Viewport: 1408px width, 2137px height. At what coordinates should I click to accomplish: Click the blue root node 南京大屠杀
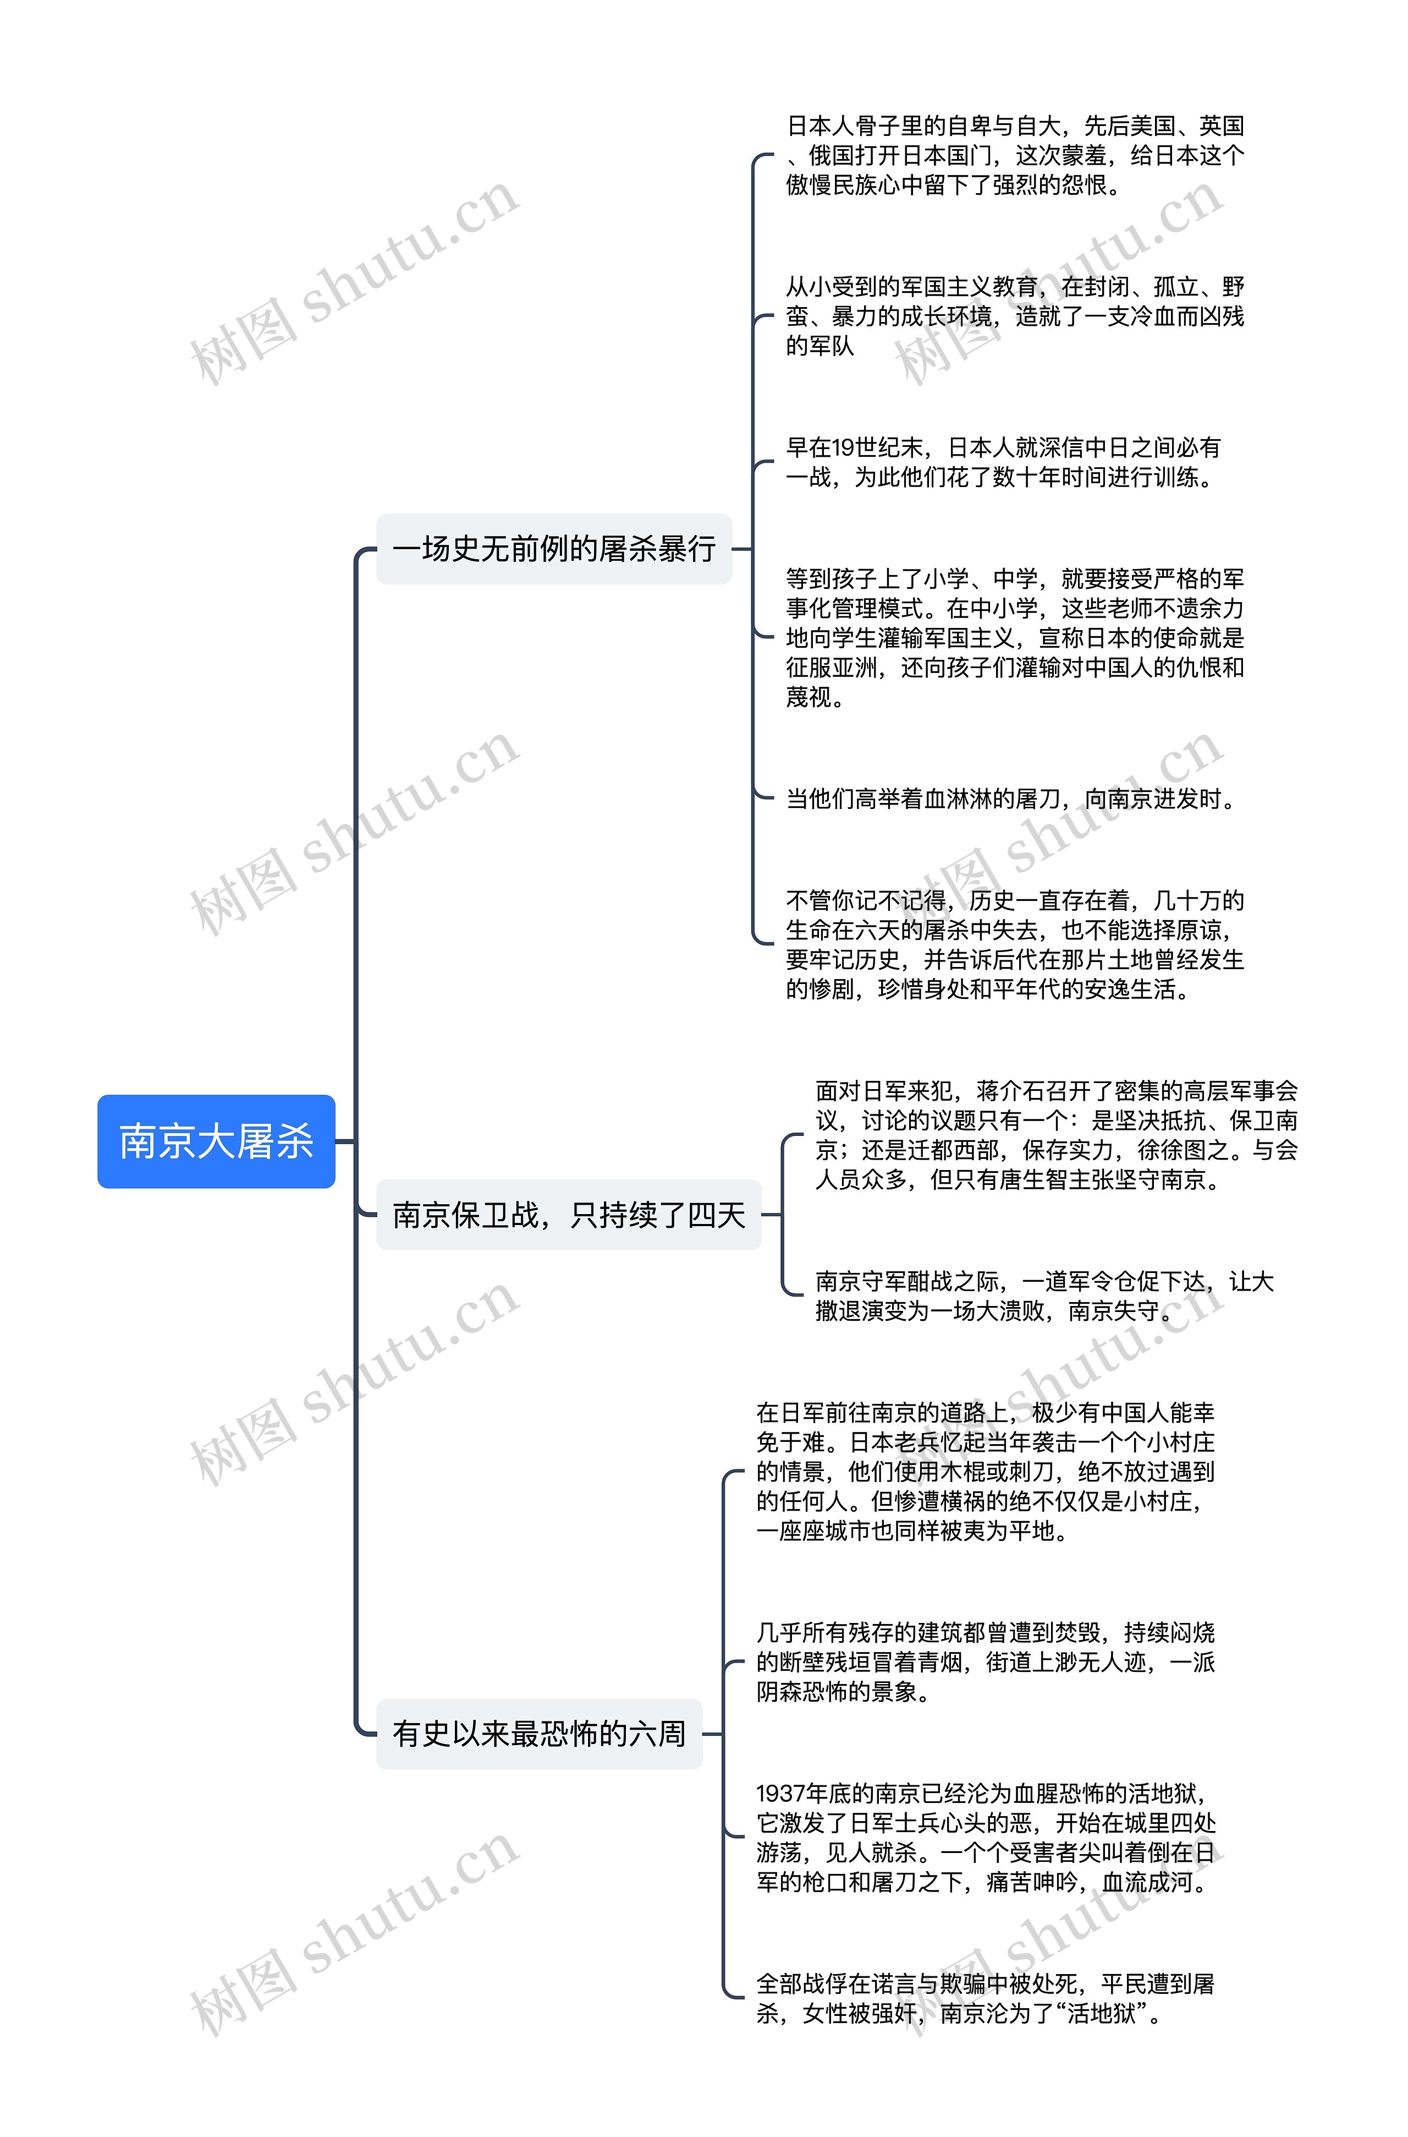[x=216, y=1141]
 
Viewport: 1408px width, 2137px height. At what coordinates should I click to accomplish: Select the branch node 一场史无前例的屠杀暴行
[x=554, y=549]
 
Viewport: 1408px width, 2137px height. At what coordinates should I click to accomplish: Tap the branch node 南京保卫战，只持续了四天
[x=568, y=1215]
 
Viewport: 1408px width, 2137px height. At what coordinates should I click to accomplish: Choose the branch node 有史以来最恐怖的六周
[x=539, y=1734]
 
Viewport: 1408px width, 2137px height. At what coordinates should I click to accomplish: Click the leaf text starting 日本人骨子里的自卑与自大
[x=1015, y=155]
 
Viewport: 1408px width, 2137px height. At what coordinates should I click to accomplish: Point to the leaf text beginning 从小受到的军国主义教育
[x=1015, y=316]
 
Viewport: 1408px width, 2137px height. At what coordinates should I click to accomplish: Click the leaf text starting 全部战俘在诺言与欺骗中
[x=985, y=1998]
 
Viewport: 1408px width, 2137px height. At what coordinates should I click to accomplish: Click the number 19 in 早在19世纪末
[x=843, y=447]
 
